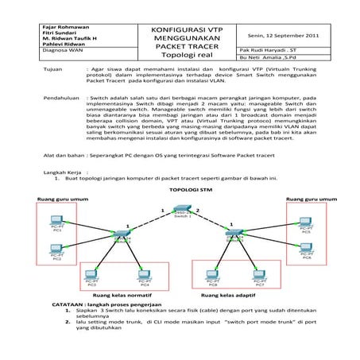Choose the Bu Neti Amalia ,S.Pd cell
(268, 58)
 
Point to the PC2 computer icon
(56, 249)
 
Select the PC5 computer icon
(306, 222)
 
